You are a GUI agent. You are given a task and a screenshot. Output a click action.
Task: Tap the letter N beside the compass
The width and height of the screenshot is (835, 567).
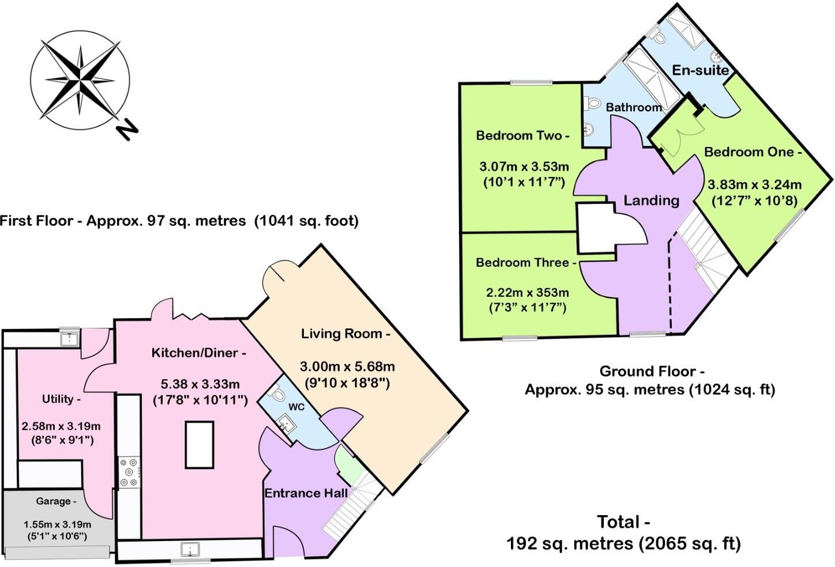pyautogui.click(x=127, y=130)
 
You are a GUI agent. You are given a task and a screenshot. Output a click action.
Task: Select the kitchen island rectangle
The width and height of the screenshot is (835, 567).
pyautogui.click(x=200, y=444)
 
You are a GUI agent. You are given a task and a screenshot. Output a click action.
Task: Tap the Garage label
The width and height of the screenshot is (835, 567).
pyautogui.click(x=56, y=501)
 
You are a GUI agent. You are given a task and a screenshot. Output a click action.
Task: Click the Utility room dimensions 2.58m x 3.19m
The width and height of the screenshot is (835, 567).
pyautogui.click(x=61, y=426)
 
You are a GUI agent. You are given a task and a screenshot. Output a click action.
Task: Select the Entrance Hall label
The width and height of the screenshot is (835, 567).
pyautogui.click(x=306, y=493)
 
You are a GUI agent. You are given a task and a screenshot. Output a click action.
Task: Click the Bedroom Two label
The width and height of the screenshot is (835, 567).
pyautogui.click(x=522, y=136)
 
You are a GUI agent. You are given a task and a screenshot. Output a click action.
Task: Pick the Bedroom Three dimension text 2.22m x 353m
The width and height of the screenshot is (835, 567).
pyautogui.click(x=527, y=293)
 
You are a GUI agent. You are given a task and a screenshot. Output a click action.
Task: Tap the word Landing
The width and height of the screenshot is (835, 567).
pyautogui.click(x=651, y=201)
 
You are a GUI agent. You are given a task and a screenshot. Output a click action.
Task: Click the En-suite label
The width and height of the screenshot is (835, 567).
pyautogui.click(x=701, y=70)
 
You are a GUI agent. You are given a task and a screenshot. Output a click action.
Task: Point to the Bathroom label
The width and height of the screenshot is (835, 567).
pyautogui.click(x=634, y=107)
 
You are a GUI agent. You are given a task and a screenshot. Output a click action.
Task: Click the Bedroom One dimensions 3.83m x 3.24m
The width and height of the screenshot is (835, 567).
pyautogui.click(x=754, y=185)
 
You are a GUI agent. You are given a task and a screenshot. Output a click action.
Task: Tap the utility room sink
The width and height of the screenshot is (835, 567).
pyautogui.click(x=70, y=338)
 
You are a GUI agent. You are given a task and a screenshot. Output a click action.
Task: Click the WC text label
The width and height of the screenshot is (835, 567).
pyautogui.click(x=296, y=407)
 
